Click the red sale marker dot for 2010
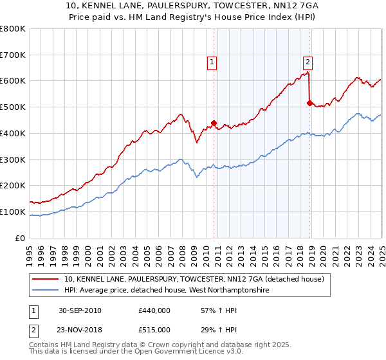pos(214,123)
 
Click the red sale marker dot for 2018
pos(309,103)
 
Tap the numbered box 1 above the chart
pos(212,62)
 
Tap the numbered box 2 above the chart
pos(308,62)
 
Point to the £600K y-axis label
pos(13,81)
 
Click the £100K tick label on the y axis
pos(13,212)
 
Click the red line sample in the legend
pos(46,279)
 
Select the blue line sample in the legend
pos(46,291)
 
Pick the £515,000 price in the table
pos(154,330)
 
